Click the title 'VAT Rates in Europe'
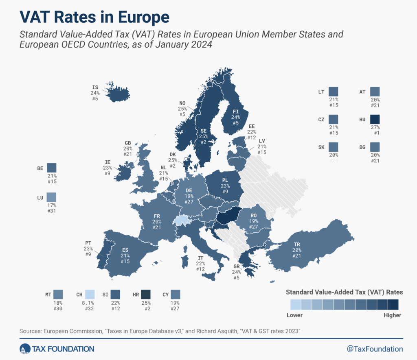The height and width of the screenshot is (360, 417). click(94, 17)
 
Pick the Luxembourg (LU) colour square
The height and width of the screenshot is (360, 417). click(51, 197)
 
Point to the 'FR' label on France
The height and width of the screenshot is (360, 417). click(157, 216)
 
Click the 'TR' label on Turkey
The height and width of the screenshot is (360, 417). click(297, 244)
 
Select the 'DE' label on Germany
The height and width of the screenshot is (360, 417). click(189, 190)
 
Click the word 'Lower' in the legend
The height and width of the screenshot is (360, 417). click(294, 315)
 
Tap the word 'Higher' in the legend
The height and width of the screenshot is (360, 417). click(392, 315)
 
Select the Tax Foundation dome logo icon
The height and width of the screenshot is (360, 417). click(25, 349)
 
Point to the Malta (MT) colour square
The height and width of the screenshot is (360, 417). click(58, 294)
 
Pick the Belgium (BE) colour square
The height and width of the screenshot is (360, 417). click(51, 168)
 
